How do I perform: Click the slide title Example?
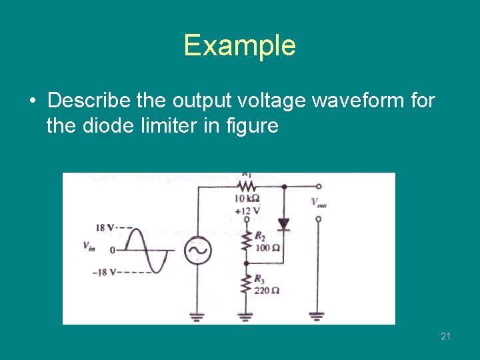[x=239, y=45]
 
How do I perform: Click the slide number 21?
[x=445, y=336]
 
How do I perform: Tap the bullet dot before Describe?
[x=33, y=101]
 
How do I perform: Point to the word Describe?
[x=89, y=101]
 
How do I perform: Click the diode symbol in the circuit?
[x=283, y=225]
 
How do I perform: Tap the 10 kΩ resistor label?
[x=247, y=199]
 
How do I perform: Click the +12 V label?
[x=247, y=211]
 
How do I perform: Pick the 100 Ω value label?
[x=267, y=247]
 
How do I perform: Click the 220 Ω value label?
[x=267, y=290]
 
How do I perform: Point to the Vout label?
[x=319, y=203]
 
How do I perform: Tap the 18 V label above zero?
[x=105, y=228]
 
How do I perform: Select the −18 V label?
[x=103, y=271]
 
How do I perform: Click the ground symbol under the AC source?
[x=198, y=315]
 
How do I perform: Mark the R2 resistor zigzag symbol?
[x=247, y=241]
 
